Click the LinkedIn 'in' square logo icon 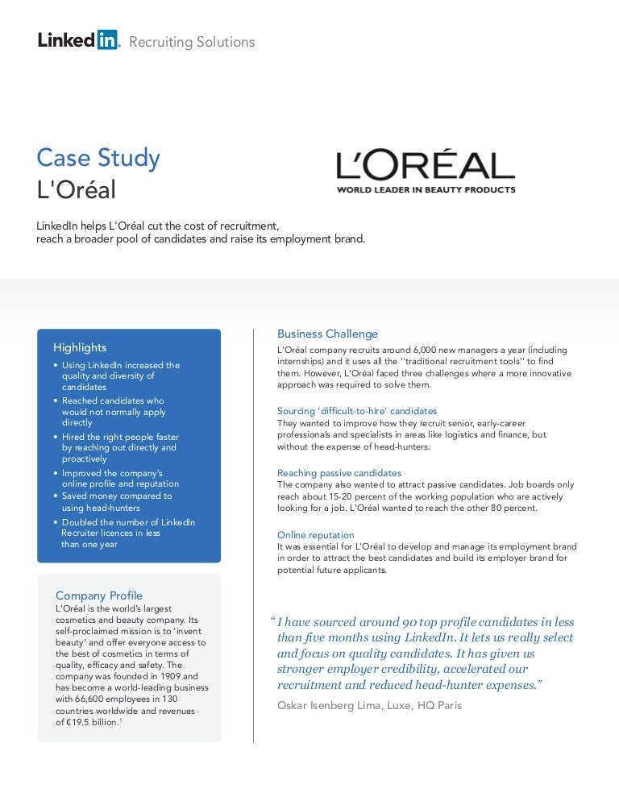coord(107,39)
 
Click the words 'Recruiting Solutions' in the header coord(192,42)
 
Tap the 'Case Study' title coord(98,158)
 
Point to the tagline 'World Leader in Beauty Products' coord(426,190)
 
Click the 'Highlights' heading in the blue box coord(80,347)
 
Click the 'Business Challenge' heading coord(327,334)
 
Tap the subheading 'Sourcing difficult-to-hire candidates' coord(357,411)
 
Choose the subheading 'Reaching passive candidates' coord(339,473)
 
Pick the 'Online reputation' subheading coord(316,535)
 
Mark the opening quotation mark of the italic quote coord(272,622)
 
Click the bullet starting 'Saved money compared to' coord(117,496)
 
